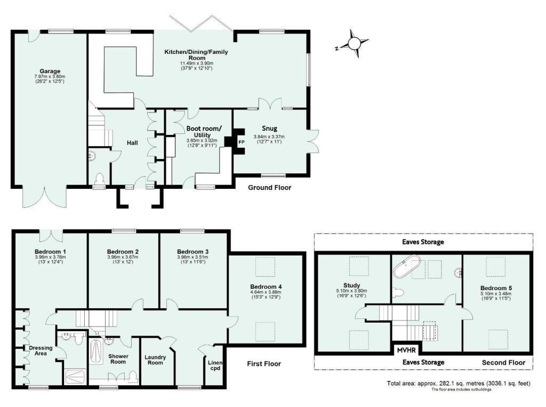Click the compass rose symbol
coord(354,44)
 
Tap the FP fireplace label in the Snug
coord(242,142)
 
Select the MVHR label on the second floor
coord(406,350)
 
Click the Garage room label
coord(50,71)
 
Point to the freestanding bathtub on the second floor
coord(407,267)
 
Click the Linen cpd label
coord(215,365)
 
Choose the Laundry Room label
coord(155,360)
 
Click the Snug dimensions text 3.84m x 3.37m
coord(269,137)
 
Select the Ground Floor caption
coord(269,187)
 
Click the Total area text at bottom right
coord(459,384)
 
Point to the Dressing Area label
coord(41,350)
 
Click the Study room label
coord(352,285)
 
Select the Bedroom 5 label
coord(496,288)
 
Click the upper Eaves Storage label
coord(423,242)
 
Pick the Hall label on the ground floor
coord(132,143)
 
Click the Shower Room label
coord(118,359)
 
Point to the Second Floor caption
coord(503,363)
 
